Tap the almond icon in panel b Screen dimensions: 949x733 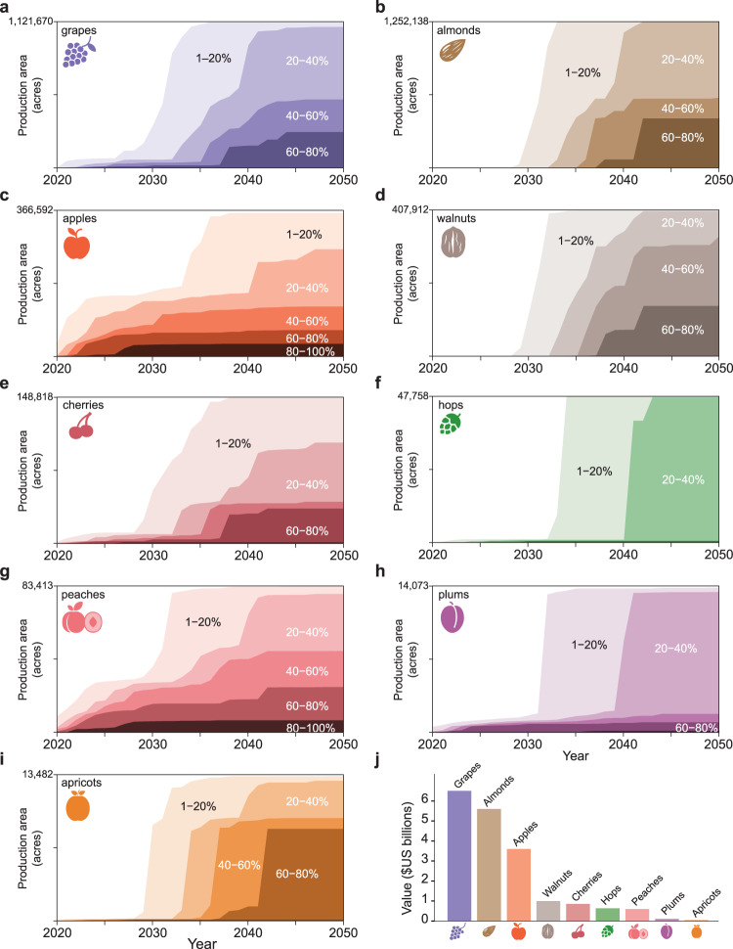tap(454, 51)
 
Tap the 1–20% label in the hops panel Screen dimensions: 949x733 tap(593, 471)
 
